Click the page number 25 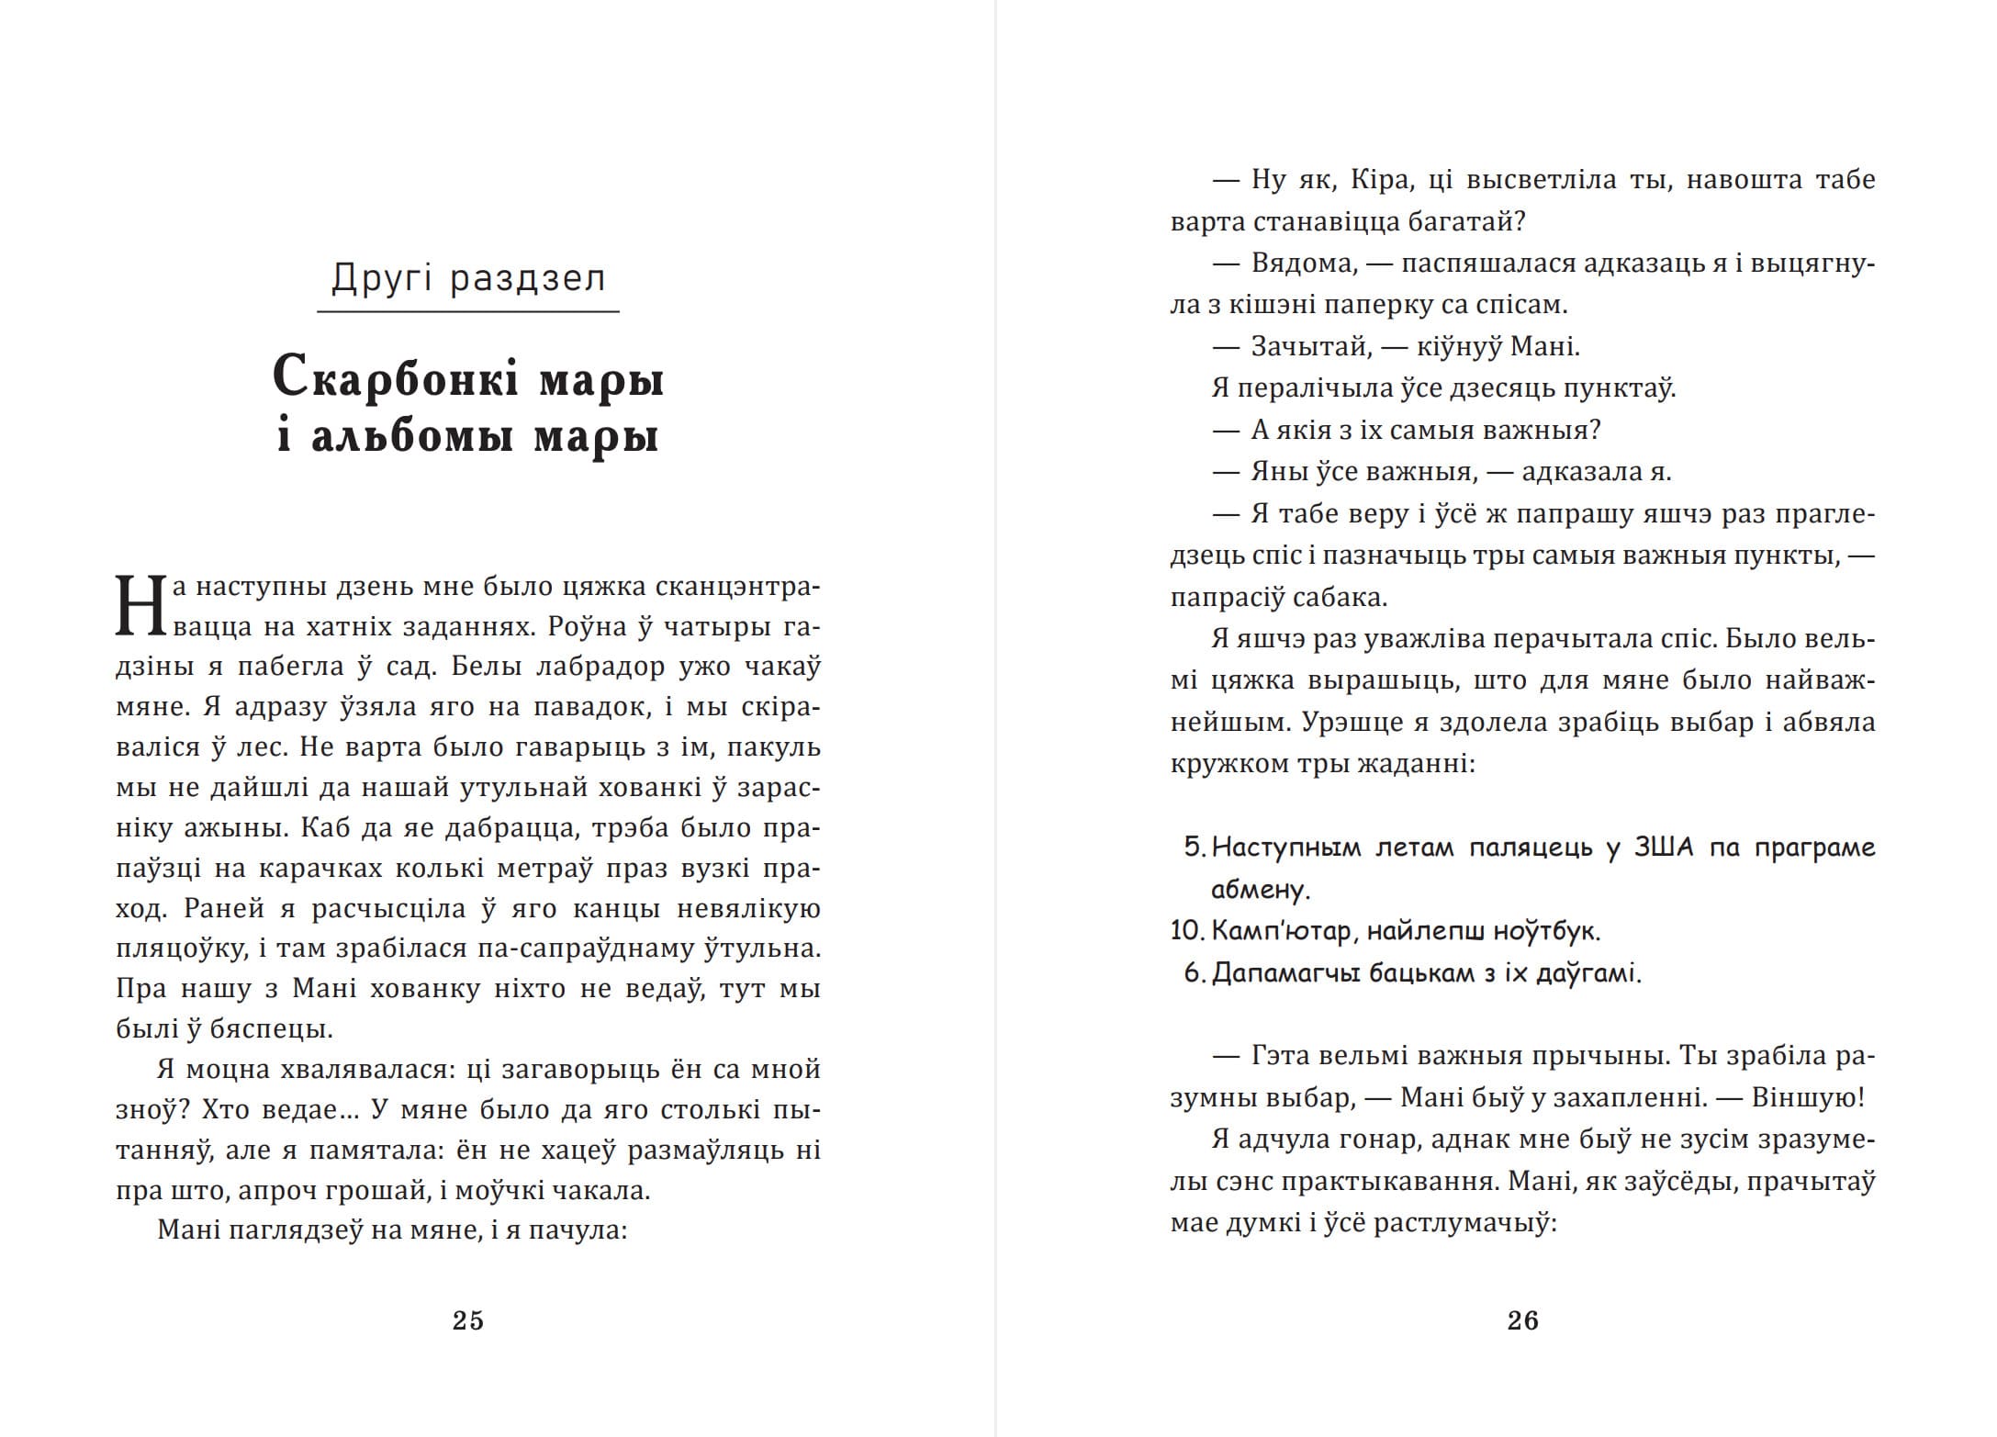[x=467, y=1320]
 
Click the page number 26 [x=1522, y=1320]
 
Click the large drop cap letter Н [x=140, y=606]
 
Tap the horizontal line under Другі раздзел [x=467, y=312]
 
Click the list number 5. [x=1194, y=848]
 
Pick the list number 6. [x=1194, y=973]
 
